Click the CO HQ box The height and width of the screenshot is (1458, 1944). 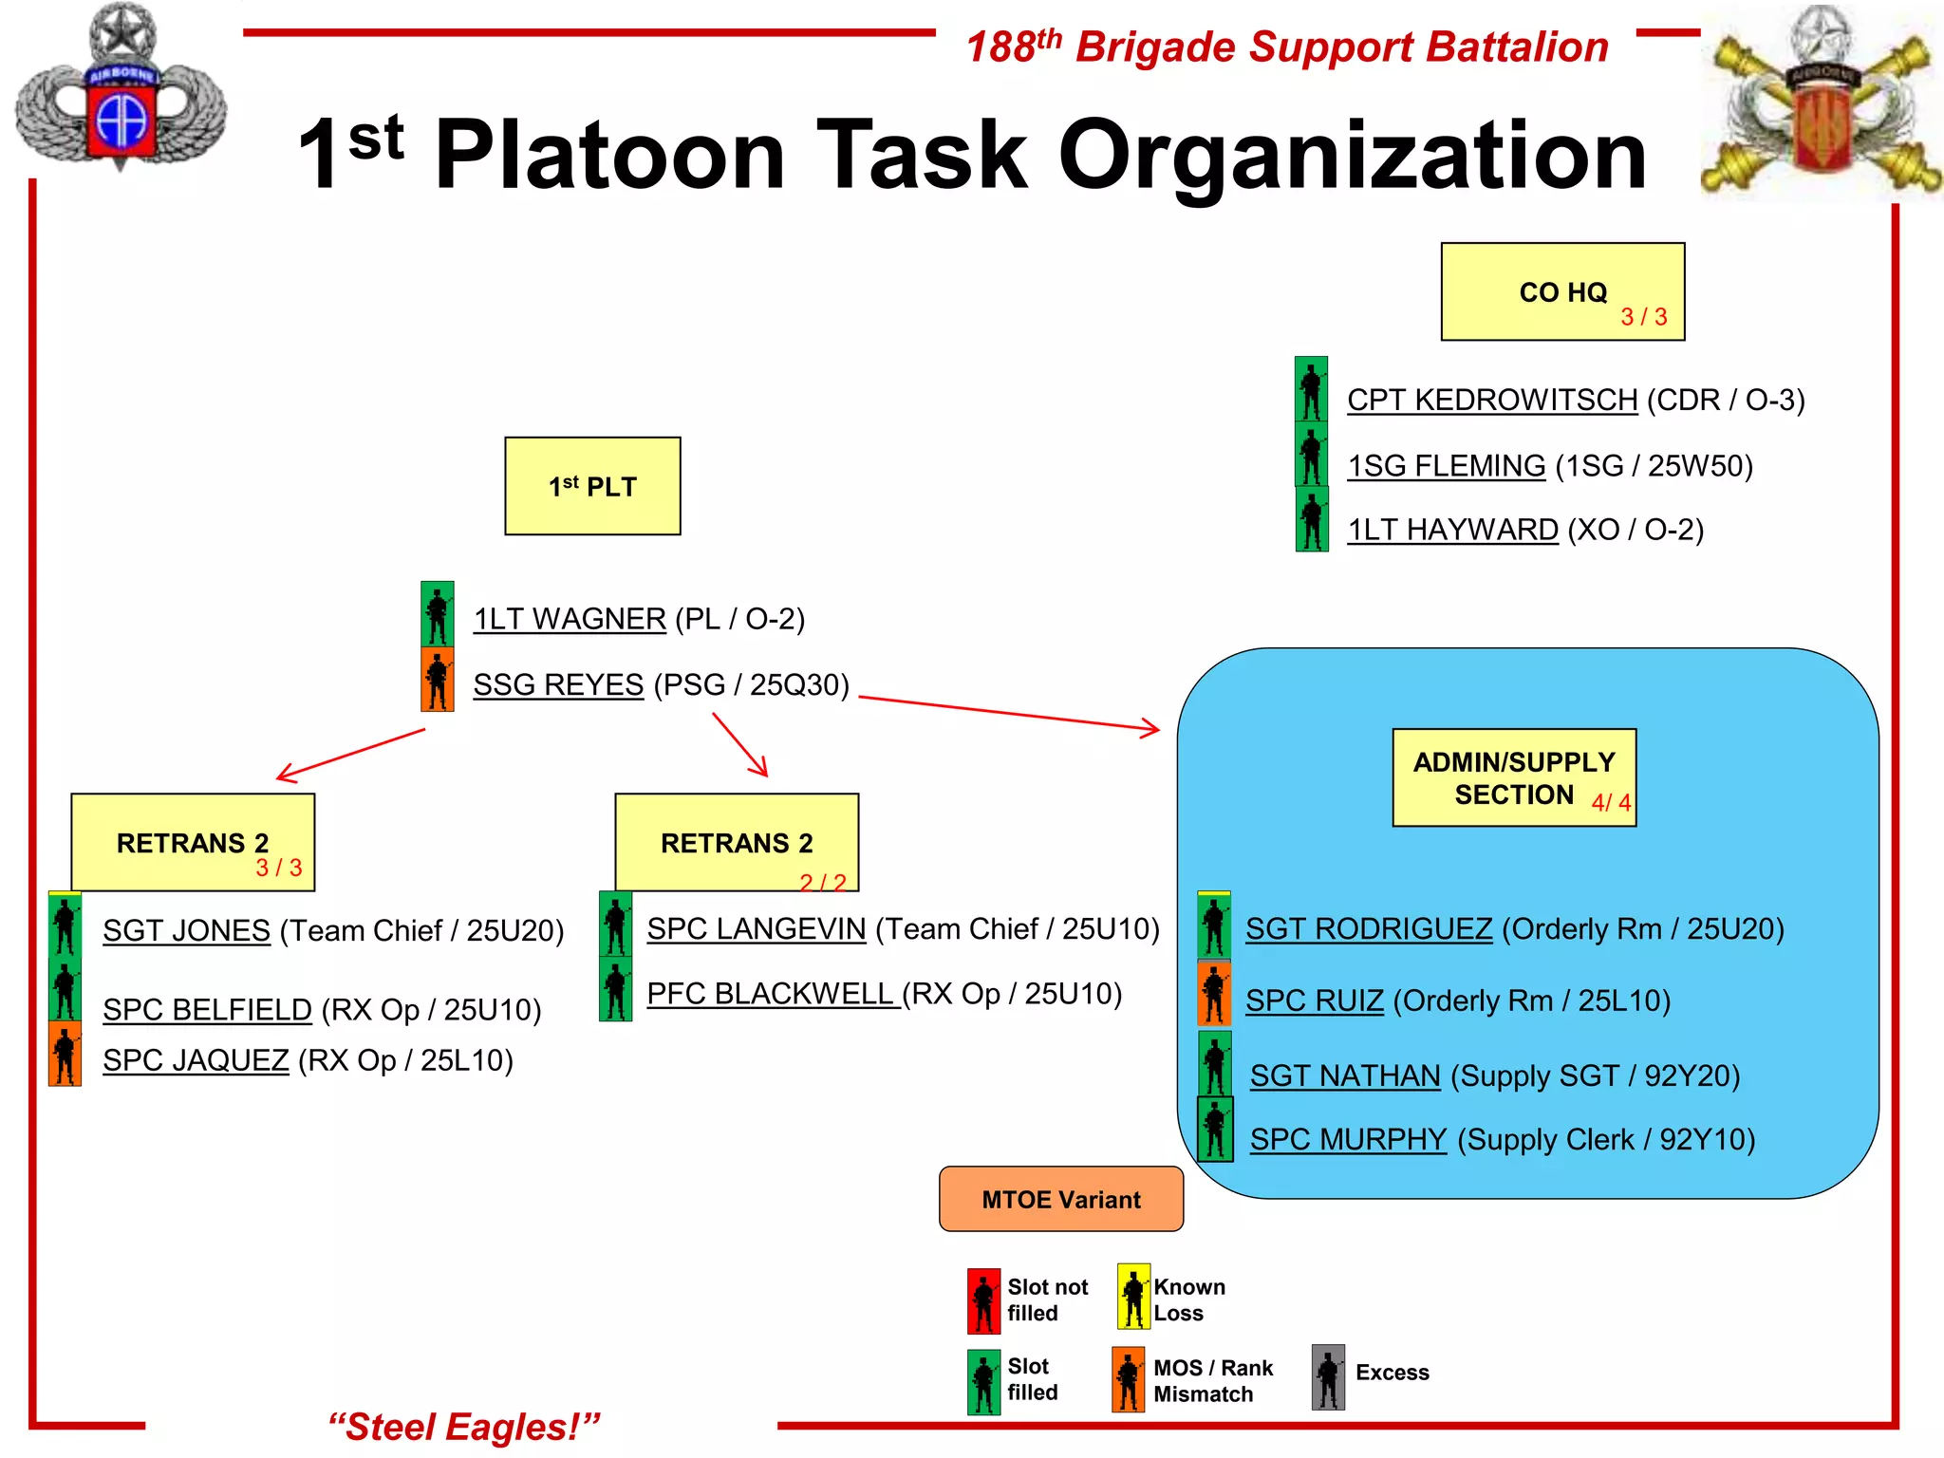coord(1562,291)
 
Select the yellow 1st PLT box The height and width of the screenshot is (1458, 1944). coord(592,486)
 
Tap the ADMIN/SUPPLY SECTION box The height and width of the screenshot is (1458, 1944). coord(1514,777)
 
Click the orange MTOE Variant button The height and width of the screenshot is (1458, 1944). coord(1061,1199)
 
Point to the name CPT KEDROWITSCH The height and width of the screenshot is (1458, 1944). coord(1492,401)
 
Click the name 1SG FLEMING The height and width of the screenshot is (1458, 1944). coord(1447,466)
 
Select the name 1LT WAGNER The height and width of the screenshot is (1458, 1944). coord(570,619)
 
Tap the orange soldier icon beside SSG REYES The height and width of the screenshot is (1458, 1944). coord(438,681)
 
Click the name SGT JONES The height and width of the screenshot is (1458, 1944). coord(187,930)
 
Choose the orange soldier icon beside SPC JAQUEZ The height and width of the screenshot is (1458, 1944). coord(65,1054)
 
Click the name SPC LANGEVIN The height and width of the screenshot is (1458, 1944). coord(757,928)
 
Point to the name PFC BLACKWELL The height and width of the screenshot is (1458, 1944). coord(771,994)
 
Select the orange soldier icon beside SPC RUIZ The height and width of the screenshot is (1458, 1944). coord(1214,993)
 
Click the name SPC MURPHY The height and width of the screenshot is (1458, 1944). coord(1348,1139)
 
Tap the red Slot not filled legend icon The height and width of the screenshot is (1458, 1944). coord(984,1300)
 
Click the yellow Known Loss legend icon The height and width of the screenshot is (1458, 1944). coord(1133,1297)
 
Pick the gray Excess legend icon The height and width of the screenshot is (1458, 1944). coord(1328,1377)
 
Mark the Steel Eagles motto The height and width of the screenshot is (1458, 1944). coord(464,1427)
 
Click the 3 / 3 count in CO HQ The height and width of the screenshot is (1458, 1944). coord(1644,317)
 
